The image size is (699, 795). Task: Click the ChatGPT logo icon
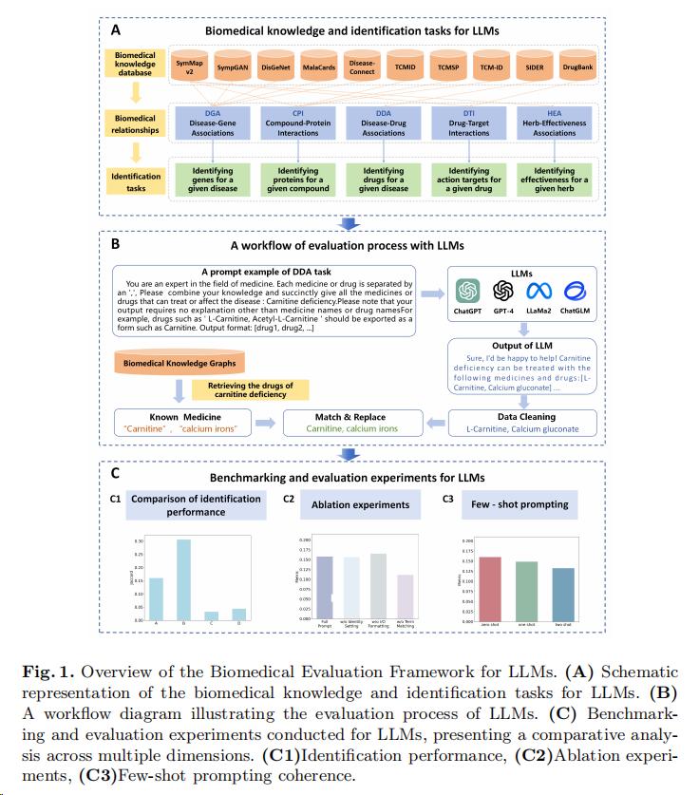467,290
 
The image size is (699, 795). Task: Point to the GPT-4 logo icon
503,290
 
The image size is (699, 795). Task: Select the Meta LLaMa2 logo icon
539,290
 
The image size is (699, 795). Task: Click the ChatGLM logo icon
575,290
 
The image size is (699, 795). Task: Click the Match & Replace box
350,423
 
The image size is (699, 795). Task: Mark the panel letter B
116,243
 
